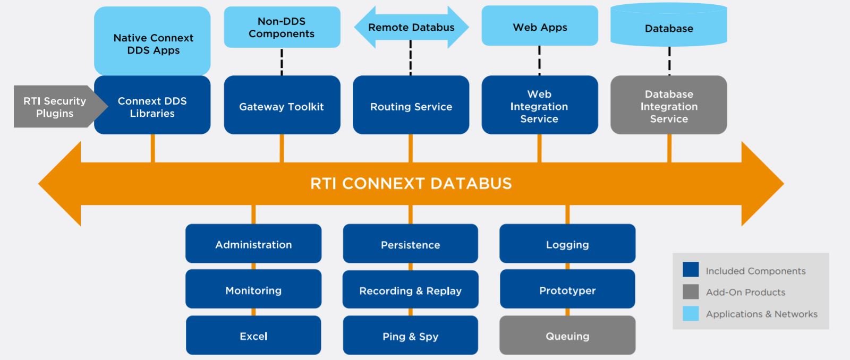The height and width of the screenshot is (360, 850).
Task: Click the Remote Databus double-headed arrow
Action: [411, 28]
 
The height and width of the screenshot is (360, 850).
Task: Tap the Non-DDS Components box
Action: [282, 27]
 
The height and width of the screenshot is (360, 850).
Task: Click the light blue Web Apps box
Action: [539, 27]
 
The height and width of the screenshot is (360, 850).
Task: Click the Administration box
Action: [253, 244]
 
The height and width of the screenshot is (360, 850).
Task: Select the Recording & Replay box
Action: [410, 290]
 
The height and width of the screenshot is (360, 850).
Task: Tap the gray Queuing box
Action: [567, 336]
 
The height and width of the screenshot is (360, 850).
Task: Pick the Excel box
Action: [253, 336]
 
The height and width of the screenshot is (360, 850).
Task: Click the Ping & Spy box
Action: [410, 336]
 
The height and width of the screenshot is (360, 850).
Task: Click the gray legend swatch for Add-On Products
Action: [691, 292]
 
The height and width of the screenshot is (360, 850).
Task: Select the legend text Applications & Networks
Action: [761, 314]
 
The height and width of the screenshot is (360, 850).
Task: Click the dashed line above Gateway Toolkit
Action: [282, 62]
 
